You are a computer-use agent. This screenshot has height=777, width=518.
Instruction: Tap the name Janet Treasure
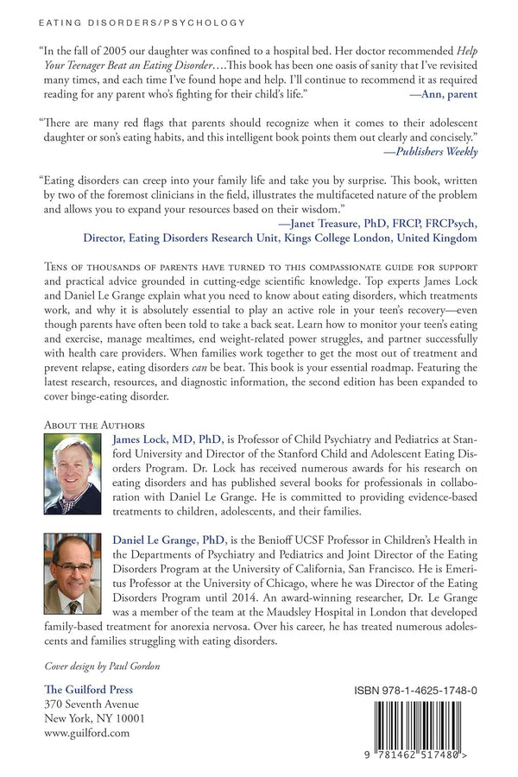[x=317, y=222]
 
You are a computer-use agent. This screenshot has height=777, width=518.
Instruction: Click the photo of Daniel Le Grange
[x=72, y=573]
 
